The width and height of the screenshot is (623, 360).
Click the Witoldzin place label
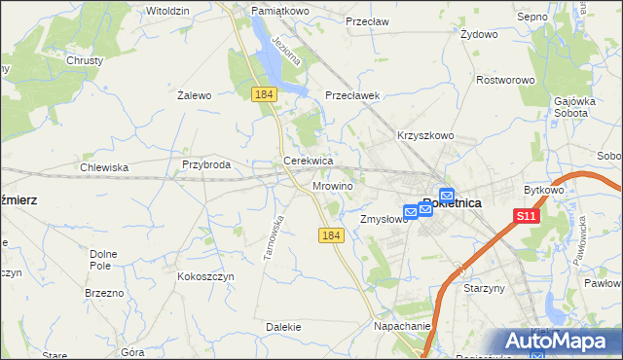click(x=167, y=10)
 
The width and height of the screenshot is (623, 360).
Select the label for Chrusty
click(x=85, y=59)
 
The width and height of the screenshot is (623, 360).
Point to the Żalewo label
click(x=195, y=95)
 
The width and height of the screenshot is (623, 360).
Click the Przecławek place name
click(x=352, y=95)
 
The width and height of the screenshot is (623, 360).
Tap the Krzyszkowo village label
click(x=425, y=135)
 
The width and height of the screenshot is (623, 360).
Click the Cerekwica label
click(x=309, y=161)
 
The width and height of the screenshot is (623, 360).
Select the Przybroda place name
click(x=205, y=165)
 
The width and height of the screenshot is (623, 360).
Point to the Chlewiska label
click(x=104, y=167)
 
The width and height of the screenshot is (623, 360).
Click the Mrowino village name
click(x=333, y=185)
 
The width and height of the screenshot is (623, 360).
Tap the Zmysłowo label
click(x=384, y=220)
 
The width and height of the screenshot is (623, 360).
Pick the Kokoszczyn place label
click(x=205, y=276)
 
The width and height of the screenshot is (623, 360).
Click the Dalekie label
click(x=282, y=328)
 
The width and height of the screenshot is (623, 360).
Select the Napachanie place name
click(x=402, y=328)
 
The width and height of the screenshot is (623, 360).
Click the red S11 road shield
click(x=527, y=216)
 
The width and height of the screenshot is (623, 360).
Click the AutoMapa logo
click(x=560, y=342)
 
